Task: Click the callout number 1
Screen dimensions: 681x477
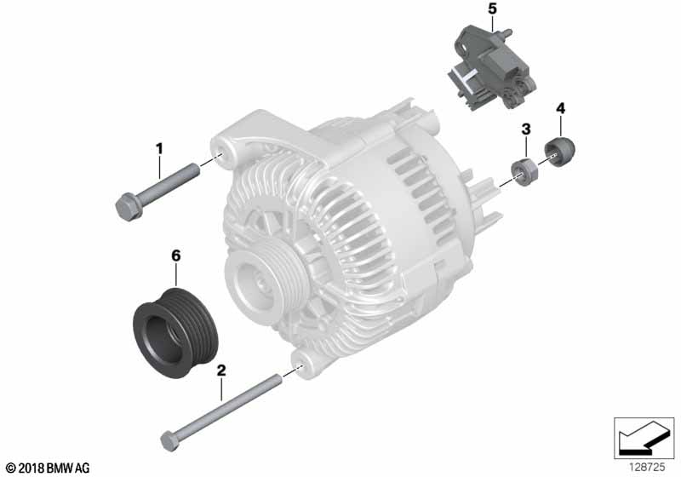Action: point(159,149)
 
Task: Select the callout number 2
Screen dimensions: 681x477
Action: point(221,371)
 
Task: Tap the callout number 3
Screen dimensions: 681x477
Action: point(526,129)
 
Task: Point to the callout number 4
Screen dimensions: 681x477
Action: point(561,109)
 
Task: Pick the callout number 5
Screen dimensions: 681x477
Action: point(492,9)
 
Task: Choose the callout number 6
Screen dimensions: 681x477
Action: point(176,256)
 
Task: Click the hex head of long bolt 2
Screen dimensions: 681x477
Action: point(169,441)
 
